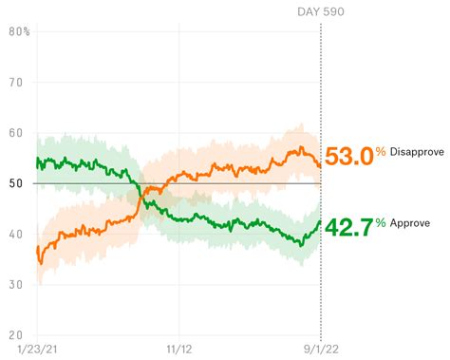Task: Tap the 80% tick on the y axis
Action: click(19, 32)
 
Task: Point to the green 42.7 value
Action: click(348, 228)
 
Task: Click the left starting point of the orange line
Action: click(37, 249)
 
